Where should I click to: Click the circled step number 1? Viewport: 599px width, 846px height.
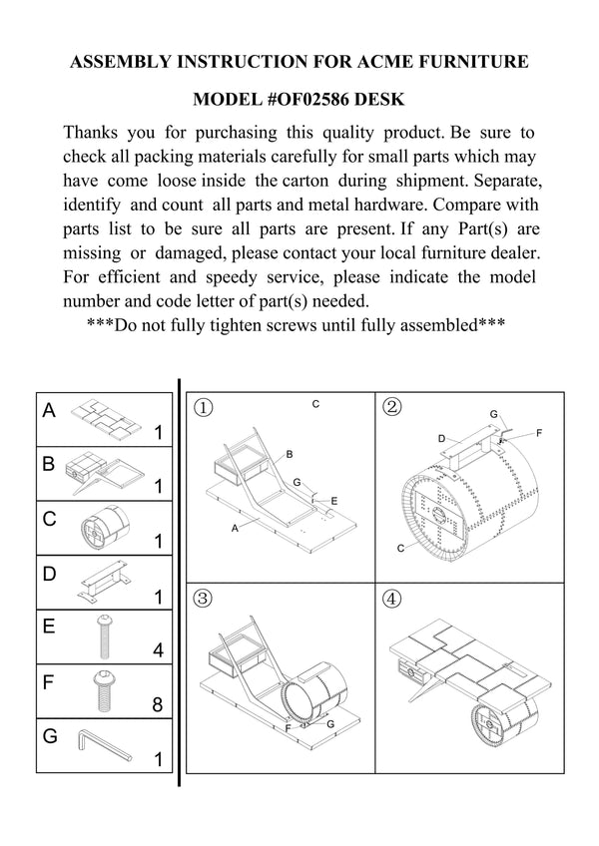tap(204, 407)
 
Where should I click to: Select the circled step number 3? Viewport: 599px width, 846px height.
tap(204, 599)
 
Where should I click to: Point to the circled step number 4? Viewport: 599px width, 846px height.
tap(392, 600)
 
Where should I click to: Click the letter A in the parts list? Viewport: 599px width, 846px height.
tap(49, 411)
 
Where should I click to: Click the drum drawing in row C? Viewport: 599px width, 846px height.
tap(101, 528)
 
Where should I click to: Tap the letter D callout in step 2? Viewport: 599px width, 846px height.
tap(441, 439)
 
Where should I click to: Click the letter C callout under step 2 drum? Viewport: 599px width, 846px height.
tap(400, 548)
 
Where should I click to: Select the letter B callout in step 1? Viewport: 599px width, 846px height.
tap(290, 454)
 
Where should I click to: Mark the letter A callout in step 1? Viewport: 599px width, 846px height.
tap(235, 528)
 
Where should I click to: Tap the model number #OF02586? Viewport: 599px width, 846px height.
tap(298, 100)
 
